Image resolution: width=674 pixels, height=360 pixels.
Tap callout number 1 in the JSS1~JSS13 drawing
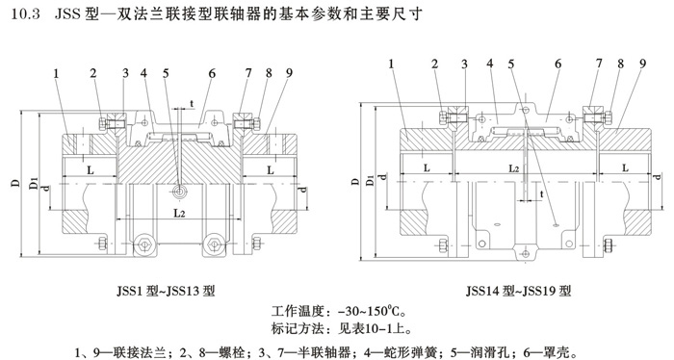pos(57,72)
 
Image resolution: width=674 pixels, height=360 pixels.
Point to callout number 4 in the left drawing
pos(143,72)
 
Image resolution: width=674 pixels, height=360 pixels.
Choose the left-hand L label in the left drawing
pos(90,167)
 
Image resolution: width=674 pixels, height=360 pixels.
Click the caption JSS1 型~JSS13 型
pos(164,289)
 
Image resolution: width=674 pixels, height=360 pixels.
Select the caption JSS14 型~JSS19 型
pos(518,289)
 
